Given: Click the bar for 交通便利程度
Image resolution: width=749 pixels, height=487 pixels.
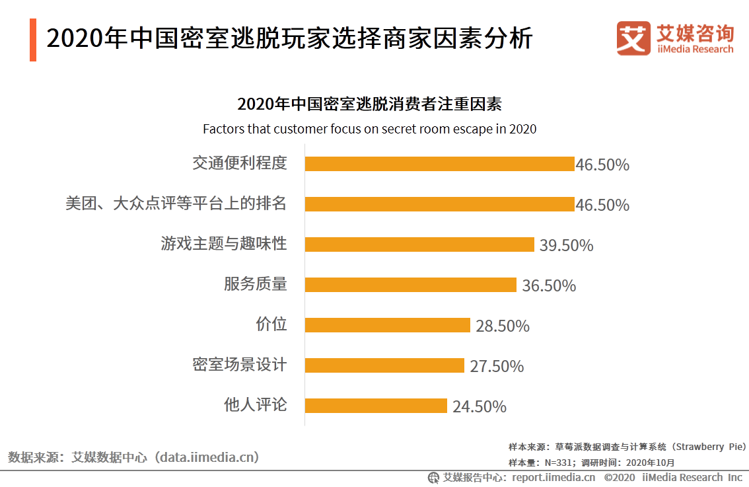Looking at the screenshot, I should pos(439,164).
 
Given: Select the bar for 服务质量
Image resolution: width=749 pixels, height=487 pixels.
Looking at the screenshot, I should pos(410,285).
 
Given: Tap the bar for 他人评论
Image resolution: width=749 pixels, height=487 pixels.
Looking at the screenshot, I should pos(376,406).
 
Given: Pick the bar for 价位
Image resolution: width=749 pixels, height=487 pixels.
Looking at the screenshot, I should pos(387,325).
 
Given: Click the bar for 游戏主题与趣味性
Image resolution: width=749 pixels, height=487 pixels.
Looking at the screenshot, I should pos(419,244).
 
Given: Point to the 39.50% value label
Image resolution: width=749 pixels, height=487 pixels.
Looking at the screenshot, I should pos(566,246).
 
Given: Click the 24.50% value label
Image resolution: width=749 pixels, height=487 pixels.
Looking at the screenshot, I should pos(479,407).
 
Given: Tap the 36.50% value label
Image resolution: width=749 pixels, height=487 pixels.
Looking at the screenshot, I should pos(549,286).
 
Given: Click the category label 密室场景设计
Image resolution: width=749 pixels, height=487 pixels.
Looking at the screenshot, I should pos(240,365).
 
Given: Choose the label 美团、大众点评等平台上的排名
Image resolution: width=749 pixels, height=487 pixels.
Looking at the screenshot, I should pos(176,204).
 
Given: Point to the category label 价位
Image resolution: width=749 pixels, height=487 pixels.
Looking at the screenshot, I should pos(271,324).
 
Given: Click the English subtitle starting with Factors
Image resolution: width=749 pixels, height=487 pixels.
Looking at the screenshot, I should pos(369,129).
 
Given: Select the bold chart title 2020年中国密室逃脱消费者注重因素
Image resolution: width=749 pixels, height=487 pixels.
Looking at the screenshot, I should pos(369,104).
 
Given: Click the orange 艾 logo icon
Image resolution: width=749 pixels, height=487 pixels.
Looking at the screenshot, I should pos(633,38).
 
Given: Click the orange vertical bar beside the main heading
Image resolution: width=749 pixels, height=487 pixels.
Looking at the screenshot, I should pos(33,40).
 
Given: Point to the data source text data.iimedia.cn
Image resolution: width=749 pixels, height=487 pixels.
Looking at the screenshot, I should pos(207,457).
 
